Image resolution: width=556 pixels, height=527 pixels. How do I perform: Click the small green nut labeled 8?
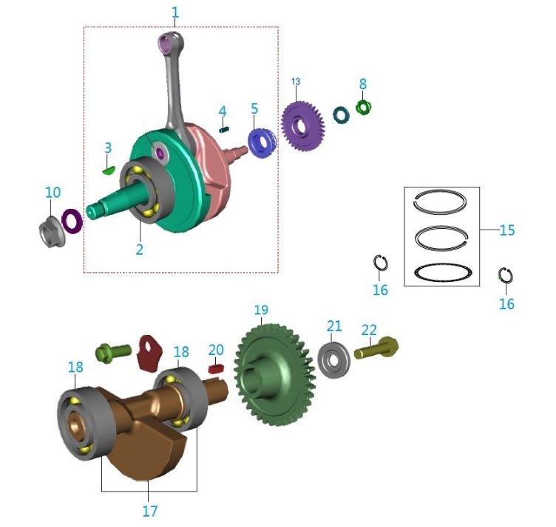[x=362, y=107]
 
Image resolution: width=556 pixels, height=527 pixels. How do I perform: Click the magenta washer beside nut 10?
[x=72, y=220]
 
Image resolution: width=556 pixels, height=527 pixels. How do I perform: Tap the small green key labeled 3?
[x=107, y=169]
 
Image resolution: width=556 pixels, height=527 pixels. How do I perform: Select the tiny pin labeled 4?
[x=222, y=128]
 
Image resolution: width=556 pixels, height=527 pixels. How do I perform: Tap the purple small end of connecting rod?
[x=169, y=43]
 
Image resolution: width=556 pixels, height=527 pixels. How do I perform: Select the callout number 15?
[x=506, y=230]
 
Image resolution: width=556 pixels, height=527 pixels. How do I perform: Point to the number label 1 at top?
[x=175, y=13]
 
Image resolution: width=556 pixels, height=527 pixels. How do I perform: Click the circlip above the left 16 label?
[x=381, y=263]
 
